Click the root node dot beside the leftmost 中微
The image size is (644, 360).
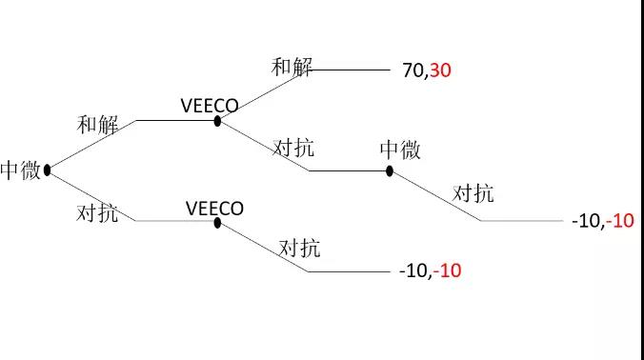(x=47, y=170)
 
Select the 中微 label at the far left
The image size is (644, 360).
(x=21, y=171)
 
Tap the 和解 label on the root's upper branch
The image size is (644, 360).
(x=98, y=125)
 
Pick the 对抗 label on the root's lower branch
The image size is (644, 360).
(x=97, y=212)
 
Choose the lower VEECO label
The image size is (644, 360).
(x=214, y=208)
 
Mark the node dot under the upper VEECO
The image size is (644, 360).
(x=218, y=121)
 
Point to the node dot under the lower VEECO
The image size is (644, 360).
(x=218, y=223)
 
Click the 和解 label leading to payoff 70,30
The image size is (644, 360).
(x=292, y=68)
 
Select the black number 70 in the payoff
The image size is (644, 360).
(x=413, y=70)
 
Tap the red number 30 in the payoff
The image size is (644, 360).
(x=439, y=70)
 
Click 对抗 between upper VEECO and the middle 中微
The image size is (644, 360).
(x=294, y=148)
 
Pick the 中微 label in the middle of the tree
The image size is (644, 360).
(x=401, y=150)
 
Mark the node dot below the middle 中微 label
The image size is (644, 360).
(x=390, y=170)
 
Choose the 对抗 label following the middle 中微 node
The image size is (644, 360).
(x=473, y=193)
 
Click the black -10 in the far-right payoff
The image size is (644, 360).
(x=586, y=221)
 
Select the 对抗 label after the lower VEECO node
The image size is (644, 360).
(x=300, y=250)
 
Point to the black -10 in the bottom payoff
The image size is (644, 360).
(x=413, y=271)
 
